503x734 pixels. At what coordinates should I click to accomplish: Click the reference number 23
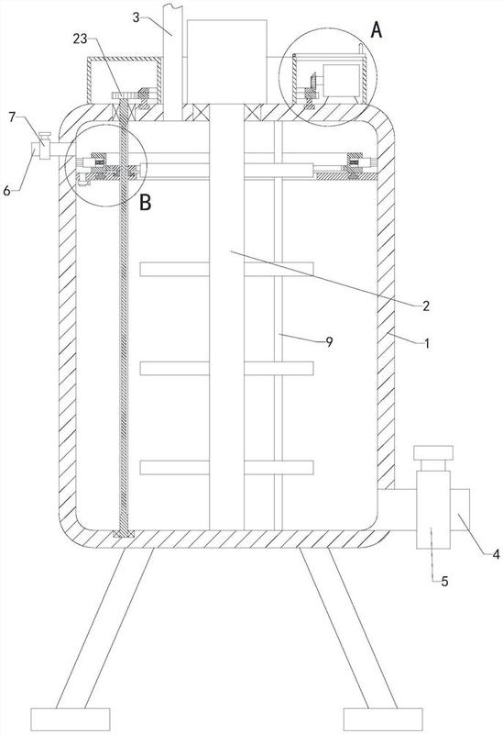(81, 39)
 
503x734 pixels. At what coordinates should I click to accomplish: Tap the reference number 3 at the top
(136, 17)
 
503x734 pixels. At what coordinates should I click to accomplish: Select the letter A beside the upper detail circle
(377, 31)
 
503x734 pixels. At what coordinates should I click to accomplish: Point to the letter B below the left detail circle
(146, 203)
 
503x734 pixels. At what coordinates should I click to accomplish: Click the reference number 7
(12, 117)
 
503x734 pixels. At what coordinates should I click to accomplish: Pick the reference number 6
(6, 191)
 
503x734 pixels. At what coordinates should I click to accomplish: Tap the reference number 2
(425, 306)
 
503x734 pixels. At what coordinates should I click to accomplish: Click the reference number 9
(329, 342)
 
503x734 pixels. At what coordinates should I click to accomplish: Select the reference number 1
(426, 344)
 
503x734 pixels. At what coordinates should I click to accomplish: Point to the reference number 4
(496, 555)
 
